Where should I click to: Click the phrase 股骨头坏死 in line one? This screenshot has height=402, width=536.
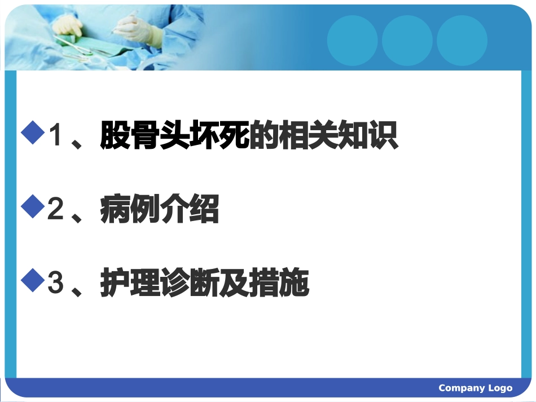[174, 136]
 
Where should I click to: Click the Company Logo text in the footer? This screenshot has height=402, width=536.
[475, 388]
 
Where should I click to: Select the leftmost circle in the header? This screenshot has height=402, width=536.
[352, 40]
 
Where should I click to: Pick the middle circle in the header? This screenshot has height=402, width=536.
[407, 40]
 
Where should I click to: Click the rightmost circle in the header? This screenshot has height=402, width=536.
[462, 40]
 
